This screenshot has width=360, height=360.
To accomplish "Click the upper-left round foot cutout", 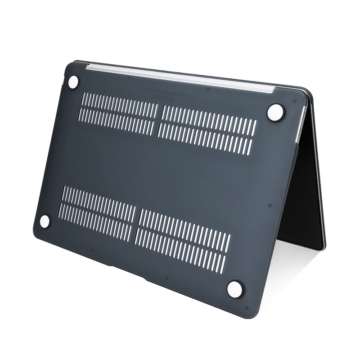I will point(73,82).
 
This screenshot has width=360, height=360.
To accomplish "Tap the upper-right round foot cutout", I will point(275,112).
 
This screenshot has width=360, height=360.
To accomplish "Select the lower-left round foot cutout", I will point(45,221).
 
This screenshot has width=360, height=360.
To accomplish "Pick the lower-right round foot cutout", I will point(234,288).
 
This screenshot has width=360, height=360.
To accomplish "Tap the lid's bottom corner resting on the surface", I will point(320,247).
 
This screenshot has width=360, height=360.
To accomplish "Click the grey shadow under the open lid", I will point(288,265).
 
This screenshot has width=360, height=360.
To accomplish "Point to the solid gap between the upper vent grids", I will point(159,119).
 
